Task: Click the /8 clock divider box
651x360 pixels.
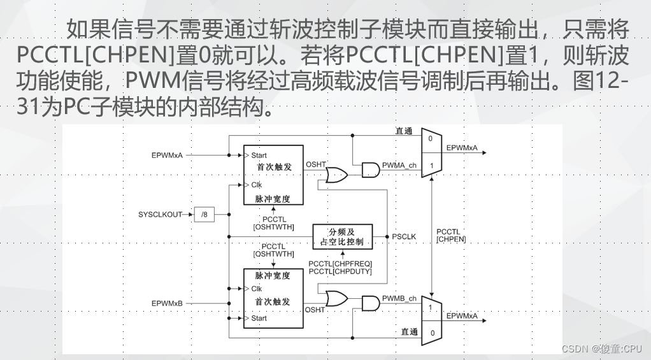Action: (204, 215)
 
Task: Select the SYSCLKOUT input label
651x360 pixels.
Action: (159, 215)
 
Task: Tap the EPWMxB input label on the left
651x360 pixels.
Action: (167, 303)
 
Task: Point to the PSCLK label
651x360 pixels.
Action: (404, 237)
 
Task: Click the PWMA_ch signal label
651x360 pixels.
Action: (399, 166)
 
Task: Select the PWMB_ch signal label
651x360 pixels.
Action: (399, 299)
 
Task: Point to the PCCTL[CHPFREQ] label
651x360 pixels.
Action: (340, 264)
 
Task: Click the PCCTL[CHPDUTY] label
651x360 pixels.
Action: (340, 272)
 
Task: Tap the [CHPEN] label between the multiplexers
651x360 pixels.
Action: (451, 240)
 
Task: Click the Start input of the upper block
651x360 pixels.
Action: (259, 155)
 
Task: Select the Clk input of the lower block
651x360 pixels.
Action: (256, 289)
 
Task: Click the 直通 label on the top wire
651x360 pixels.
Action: (404, 131)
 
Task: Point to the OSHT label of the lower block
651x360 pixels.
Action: (315, 310)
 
